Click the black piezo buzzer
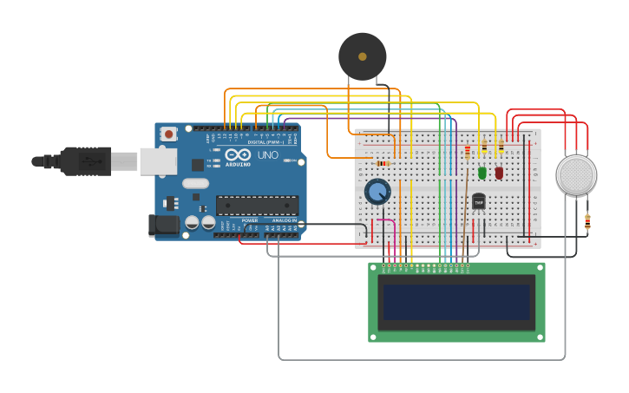tap(362, 56)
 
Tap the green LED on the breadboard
tap(482, 173)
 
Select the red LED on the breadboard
tap(499, 173)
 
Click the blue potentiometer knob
tap(377, 191)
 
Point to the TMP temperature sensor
tap(478, 201)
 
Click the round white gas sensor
tap(576, 175)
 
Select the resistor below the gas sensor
tap(587, 222)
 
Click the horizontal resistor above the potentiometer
tap(382, 163)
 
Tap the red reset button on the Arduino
tap(168, 134)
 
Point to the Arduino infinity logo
tap(238, 154)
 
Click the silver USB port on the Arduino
tap(158, 160)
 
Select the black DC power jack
tap(163, 225)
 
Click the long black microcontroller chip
tap(257, 206)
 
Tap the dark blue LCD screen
tap(456, 302)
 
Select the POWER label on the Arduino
tap(250, 220)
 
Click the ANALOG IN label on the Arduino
tap(284, 220)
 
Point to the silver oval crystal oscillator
tap(195, 183)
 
